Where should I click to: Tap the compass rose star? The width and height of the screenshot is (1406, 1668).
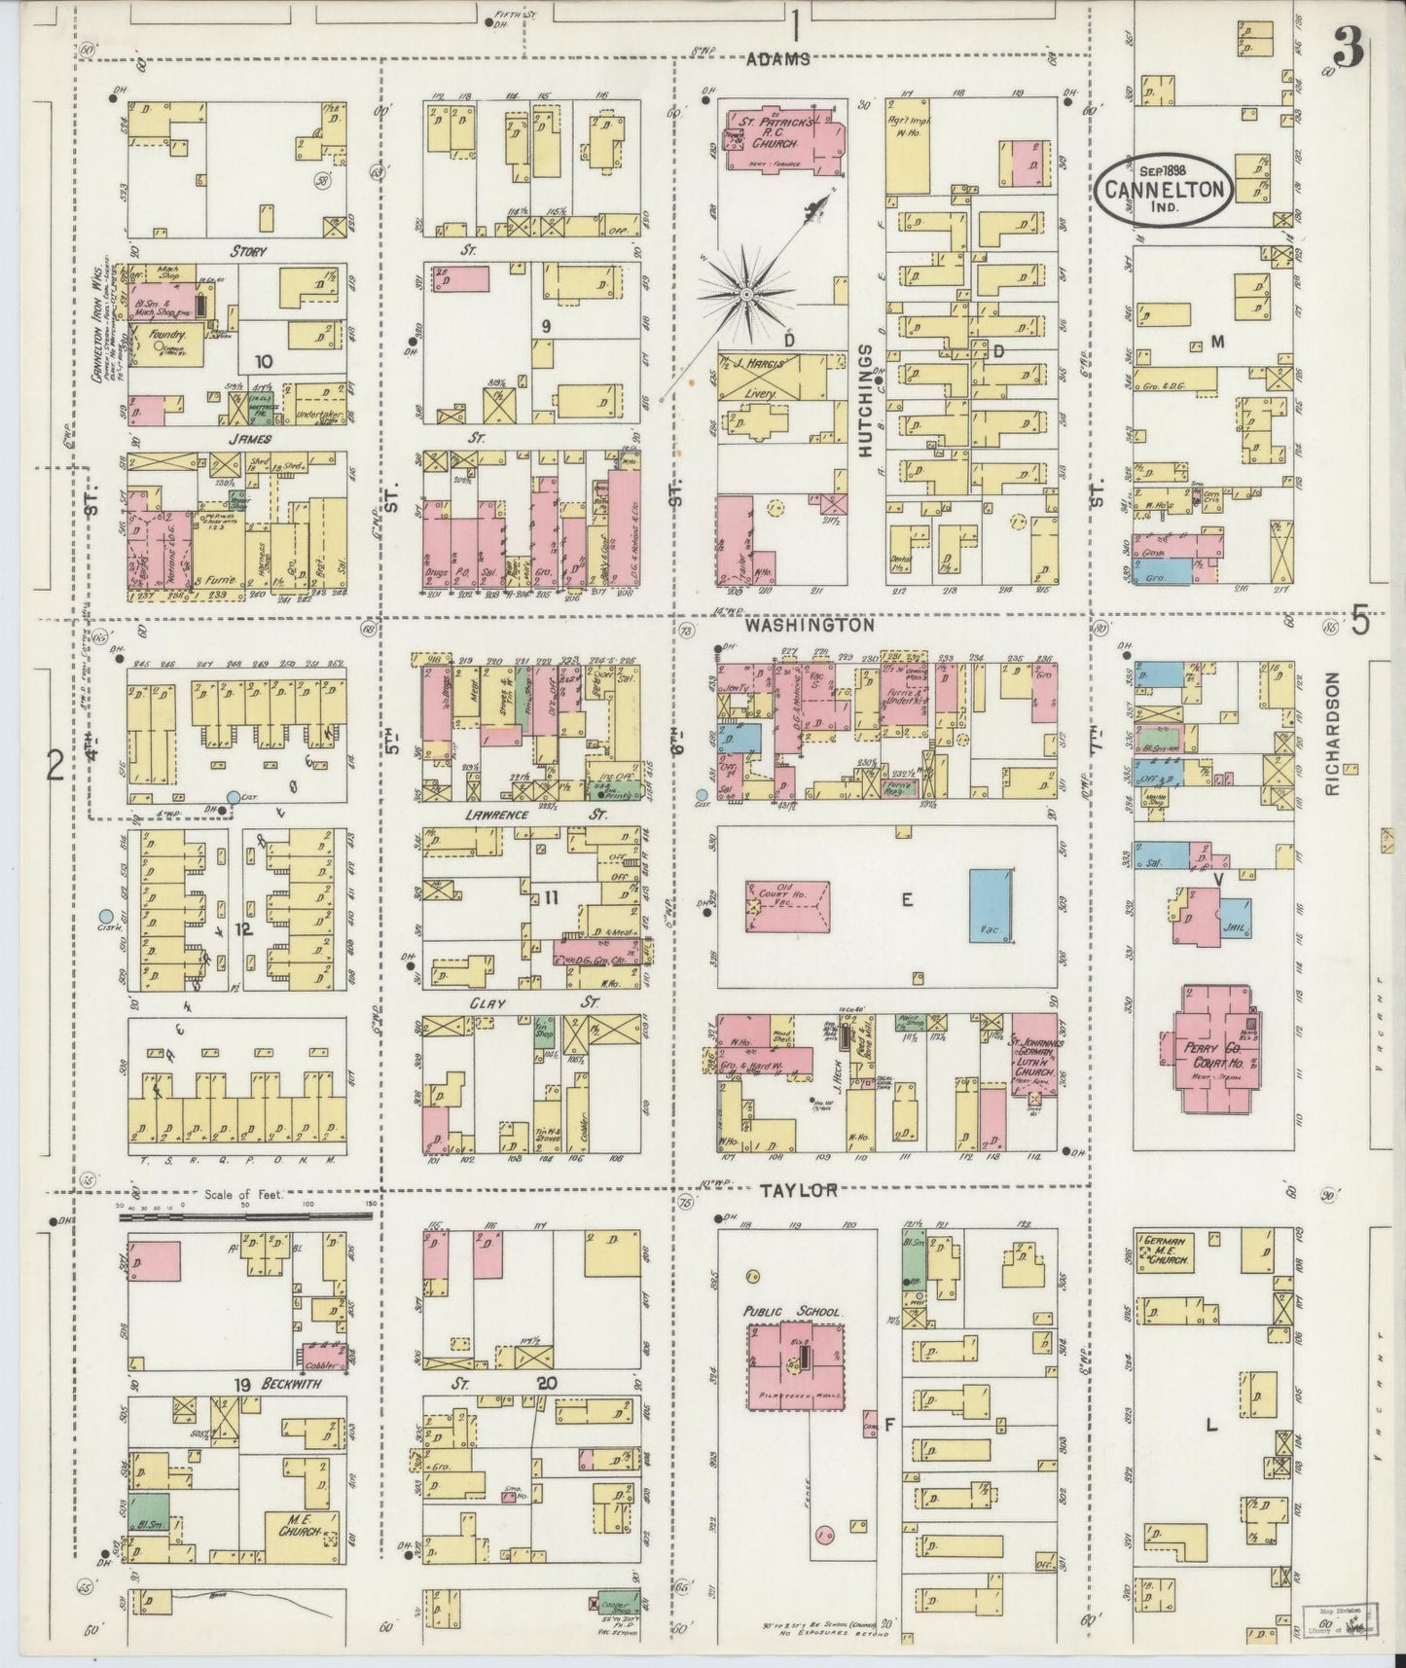[x=745, y=291]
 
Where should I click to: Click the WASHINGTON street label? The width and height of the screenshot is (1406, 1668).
[x=810, y=628]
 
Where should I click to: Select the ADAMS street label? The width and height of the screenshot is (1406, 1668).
[x=777, y=58]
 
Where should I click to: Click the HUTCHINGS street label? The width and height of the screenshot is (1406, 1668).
[x=867, y=399]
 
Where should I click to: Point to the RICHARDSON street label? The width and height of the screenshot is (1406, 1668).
[x=1332, y=735]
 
